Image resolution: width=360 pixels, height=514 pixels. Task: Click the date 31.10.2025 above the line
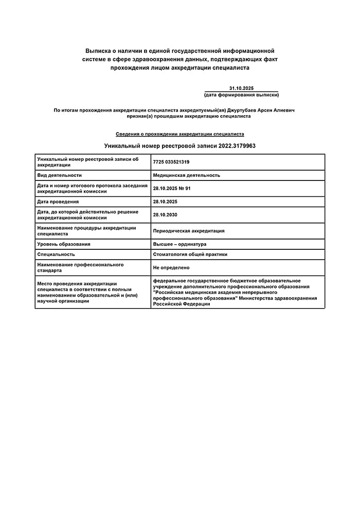[242, 88]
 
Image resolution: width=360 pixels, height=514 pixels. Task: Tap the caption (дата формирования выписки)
[241, 95]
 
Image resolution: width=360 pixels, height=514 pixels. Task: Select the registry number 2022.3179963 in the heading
[237, 146]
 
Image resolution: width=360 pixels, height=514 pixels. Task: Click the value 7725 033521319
[171, 162]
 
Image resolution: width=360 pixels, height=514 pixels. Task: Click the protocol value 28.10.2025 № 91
[172, 189]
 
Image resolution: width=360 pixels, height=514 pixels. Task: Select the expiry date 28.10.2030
[165, 215]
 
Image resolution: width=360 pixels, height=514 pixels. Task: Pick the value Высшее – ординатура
[179, 244]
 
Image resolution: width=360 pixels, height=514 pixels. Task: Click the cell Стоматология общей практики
[190, 254]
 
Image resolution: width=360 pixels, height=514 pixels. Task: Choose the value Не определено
[171, 268]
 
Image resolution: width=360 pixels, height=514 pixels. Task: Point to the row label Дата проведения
[58, 201]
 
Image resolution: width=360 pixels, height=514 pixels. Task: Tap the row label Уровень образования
[64, 244]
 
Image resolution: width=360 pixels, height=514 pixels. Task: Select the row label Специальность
[56, 254]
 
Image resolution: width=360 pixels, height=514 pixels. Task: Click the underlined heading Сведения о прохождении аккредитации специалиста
[180, 134]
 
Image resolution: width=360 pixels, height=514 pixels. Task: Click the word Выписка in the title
[98, 51]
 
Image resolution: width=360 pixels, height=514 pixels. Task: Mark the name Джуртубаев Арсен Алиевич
[262, 110]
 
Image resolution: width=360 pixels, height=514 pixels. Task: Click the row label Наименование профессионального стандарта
[80, 268]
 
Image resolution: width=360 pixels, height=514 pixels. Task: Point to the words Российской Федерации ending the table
[182, 304]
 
